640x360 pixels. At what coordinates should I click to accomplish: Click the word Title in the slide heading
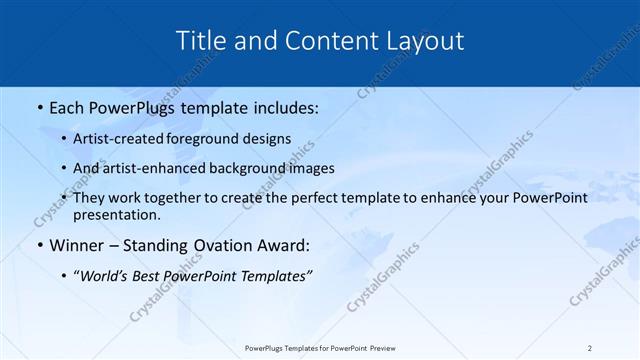tap(202, 41)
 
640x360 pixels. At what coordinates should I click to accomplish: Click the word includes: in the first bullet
tap(285, 106)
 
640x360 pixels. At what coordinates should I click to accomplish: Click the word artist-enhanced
tap(167, 168)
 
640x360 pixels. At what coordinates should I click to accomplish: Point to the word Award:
tap(285, 244)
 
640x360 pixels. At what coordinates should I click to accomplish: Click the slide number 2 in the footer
tap(590, 347)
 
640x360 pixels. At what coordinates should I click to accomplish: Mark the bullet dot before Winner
tap(39, 245)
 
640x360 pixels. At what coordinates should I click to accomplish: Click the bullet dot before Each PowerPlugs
tap(39, 107)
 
